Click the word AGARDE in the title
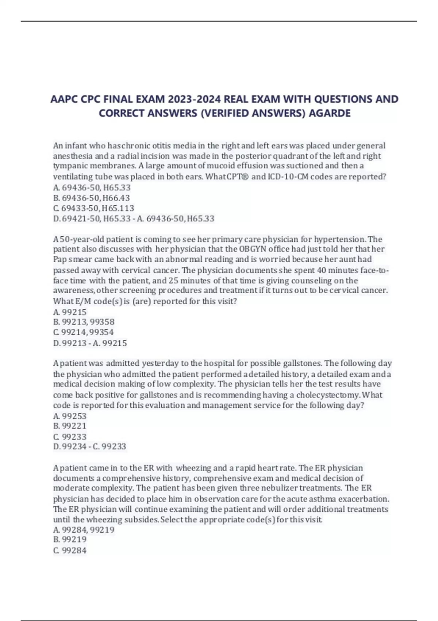330,113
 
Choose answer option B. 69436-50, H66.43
92,198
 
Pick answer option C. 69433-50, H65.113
94,208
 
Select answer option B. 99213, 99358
84,322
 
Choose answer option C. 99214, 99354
84,332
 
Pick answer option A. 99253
70,416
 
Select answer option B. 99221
70,426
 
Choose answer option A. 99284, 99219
84,530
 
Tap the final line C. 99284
70,550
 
